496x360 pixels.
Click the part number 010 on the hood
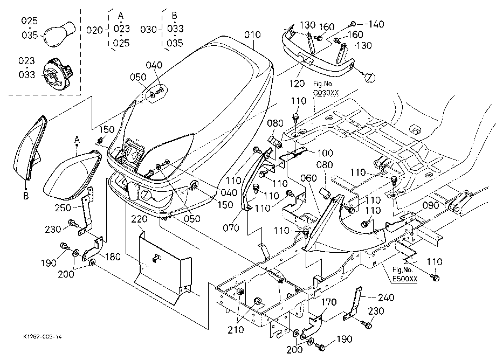point(252,34)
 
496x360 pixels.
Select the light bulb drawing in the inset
point(59,34)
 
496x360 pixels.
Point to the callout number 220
point(139,219)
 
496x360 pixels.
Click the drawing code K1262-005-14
point(43,337)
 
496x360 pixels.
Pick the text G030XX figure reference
point(326,93)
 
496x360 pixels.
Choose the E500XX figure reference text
point(405,279)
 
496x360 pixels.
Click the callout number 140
point(376,24)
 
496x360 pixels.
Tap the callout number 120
point(297,84)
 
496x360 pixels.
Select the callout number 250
point(63,208)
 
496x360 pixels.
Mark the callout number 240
point(386,297)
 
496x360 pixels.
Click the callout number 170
point(329,302)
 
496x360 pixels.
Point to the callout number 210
point(236,330)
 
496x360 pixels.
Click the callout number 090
point(431,205)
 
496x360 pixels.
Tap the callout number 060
point(308,178)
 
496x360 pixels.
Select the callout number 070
point(231,227)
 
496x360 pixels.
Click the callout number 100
point(325,153)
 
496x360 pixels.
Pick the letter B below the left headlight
point(26,196)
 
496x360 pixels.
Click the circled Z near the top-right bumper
point(370,78)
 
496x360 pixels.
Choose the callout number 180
point(113,257)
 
